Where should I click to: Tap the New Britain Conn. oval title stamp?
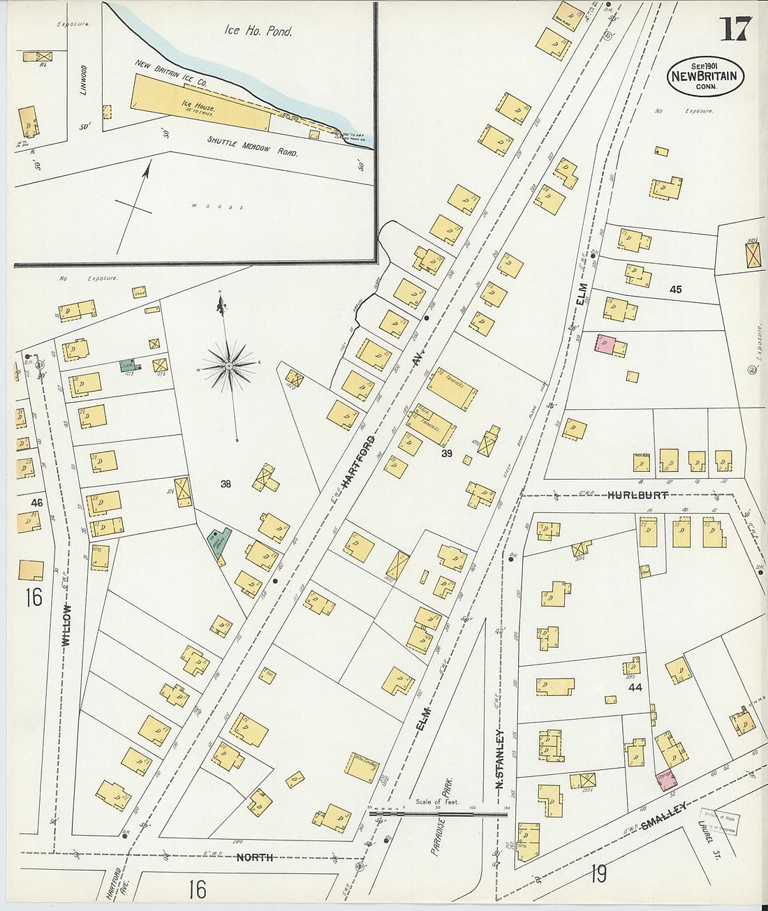[705, 76]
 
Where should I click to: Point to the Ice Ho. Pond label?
[258, 31]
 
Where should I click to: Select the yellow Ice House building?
[201, 105]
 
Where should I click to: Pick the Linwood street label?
[83, 80]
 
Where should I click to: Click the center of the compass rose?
[229, 365]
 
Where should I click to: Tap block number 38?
[226, 483]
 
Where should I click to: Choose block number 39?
[447, 454]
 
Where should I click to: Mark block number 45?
[675, 289]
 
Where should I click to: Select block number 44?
[635, 688]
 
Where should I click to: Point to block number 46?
[36, 502]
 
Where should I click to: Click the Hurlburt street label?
[637, 495]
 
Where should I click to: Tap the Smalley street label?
[665, 815]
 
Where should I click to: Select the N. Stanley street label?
[499, 760]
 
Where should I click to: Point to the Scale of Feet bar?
[438, 813]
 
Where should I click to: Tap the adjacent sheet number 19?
[598, 873]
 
